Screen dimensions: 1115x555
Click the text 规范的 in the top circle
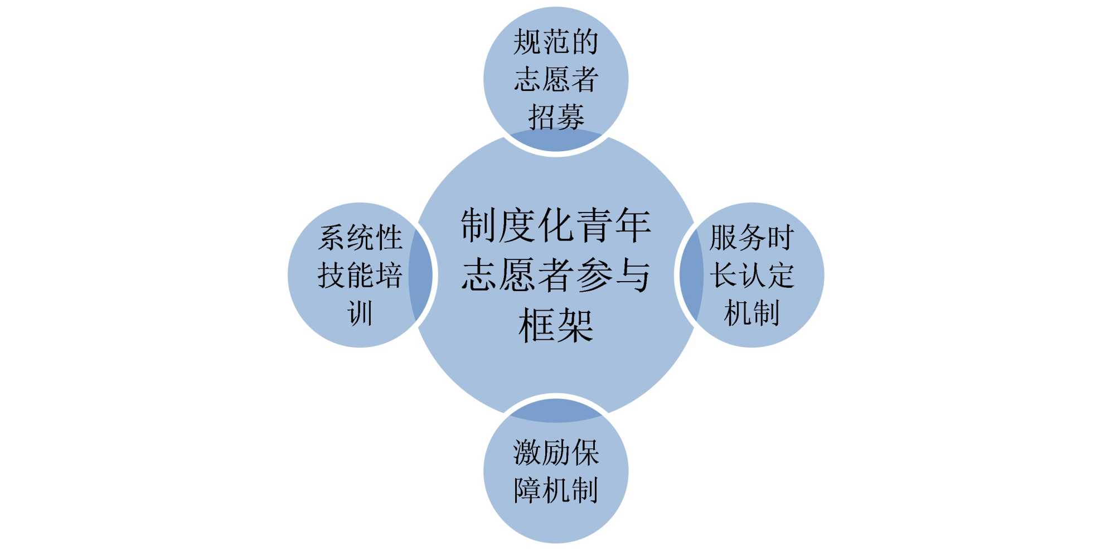pyautogui.click(x=556, y=42)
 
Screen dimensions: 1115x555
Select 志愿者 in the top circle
pyautogui.click(x=556, y=79)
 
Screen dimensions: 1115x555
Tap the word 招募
pyautogui.click(x=556, y=117)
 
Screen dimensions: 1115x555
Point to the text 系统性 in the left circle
pyautogui.click(x=360, y=238)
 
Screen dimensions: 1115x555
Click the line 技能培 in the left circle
pyautogui.click(x=360, y=275)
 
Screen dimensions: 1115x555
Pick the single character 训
pyautogui.click(x=360, y=312)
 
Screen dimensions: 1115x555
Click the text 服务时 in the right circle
pyautogui.click(x=752, y=238)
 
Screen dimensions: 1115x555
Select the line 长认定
pyautogui.click(x=752, y=275)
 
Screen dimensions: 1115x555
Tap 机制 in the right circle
pyautogui.click(x=752, y=312)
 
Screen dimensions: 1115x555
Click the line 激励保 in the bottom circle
pyautogui.click(x=556, y=452)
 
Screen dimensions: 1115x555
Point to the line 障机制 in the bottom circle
pyautogui.click(x=556, y=490)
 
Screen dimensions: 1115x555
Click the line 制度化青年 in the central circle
pyautogui.click(x=556, y=225)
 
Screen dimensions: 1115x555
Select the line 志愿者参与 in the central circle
pyautogui.click(x=556, y=275)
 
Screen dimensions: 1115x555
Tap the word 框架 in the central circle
pyautogui.click(x=556, y=325)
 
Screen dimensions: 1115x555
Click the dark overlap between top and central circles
pyautogui.click(x=556, y=141)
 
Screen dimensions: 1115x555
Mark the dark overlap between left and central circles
pyautogui.click(x=421, y=275)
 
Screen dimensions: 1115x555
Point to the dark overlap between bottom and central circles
pyautogui.click(x=556, y=410)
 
